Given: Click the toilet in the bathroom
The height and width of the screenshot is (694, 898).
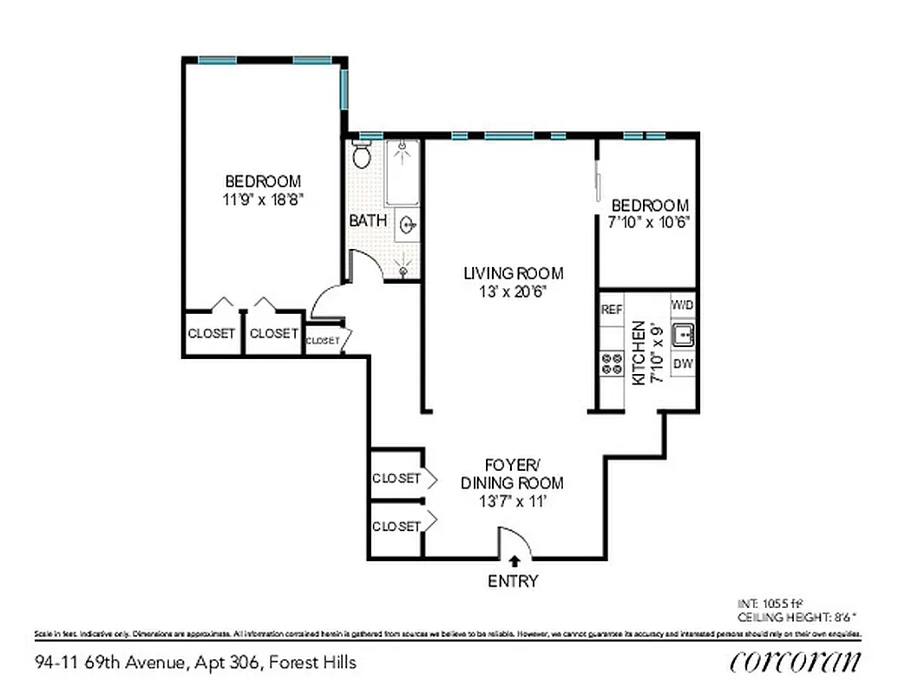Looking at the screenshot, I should tap(362, 156).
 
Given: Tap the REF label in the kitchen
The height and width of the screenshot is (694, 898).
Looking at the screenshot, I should tap(612, 310).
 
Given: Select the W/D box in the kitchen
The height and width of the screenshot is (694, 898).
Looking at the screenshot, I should tap(683, 305).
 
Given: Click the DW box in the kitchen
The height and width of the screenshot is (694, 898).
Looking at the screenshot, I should tap(683, 363).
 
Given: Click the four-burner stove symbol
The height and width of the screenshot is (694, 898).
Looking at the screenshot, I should tap(612, 363).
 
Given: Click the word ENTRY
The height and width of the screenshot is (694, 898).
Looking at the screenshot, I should tap(513, 581).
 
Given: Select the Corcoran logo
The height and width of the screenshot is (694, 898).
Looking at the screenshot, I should tap(796, 662).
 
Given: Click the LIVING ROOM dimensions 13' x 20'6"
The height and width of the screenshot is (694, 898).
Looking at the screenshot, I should tap(513, 293).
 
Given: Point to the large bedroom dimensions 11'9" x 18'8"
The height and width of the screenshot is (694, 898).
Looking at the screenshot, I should tap(263, 200).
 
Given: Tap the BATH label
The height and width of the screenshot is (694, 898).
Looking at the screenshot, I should tap(368, 221).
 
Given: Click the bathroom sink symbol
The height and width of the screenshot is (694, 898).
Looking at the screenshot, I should tap(408, 227).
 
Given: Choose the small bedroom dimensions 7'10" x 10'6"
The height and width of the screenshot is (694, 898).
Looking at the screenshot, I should tap(650, 223).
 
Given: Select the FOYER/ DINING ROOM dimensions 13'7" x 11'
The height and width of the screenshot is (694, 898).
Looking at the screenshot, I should tap(512, 502).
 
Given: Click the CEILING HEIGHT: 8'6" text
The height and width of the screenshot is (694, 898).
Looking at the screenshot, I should tap(796, 617).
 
